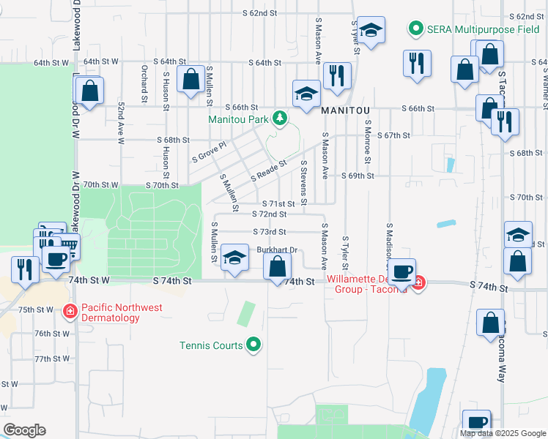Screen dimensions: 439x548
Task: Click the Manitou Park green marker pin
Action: pos(278,118)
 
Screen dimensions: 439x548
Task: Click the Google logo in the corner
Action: pos(24,430)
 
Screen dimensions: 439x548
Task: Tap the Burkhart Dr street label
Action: pos(276,249)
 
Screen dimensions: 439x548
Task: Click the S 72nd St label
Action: pos(268,214)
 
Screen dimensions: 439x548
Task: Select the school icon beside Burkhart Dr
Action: pos(234,259)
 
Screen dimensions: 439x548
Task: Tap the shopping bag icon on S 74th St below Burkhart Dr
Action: pos(277,266)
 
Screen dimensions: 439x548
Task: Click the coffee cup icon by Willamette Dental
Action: pos(401,272)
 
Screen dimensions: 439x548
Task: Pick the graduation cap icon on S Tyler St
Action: pos(371,31)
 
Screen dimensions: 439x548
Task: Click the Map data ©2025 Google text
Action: pos(503,433)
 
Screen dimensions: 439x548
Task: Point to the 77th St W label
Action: pos(51,359)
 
